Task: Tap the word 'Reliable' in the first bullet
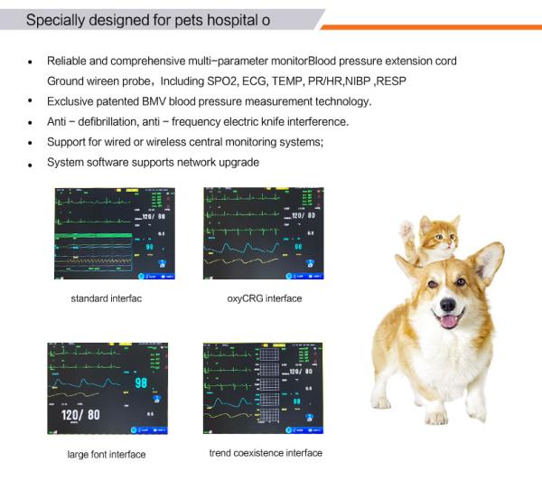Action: coord(68,61)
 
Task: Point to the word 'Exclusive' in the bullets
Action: coord(71,101)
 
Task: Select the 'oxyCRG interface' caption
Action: coord(265,298)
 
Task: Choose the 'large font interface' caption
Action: coord(106,454)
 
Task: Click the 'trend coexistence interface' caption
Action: coord(265,452)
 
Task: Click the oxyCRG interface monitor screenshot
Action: coord(263,233)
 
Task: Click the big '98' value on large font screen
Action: coord(140,383)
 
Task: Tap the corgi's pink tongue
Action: coord(447,319)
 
